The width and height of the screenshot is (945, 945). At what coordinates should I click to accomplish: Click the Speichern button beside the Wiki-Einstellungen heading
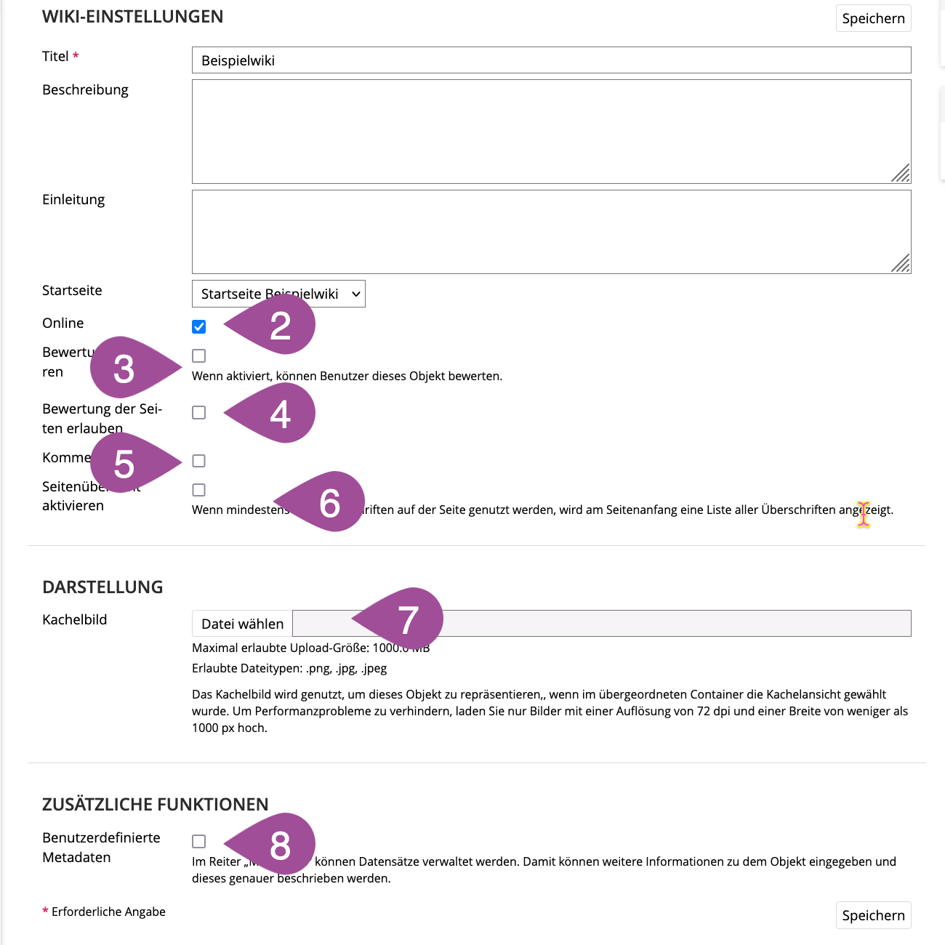coord(873,19)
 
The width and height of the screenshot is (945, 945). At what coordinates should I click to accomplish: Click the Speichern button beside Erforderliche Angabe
coord(873,915)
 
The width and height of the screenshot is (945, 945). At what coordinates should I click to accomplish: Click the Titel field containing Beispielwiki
coord(551,60)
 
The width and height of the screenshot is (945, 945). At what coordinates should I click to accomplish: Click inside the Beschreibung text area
coord(551,132)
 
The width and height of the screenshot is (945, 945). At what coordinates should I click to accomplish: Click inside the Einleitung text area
coord(551,232)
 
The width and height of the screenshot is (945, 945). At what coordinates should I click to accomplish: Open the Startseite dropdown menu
coord(278,294)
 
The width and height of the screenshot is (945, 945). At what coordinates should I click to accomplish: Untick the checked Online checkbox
coord(199,326)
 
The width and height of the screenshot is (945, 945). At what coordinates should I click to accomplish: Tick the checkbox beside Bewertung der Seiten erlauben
coord(199,412)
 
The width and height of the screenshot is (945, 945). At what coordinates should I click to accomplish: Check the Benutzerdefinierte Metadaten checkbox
coord(199,841)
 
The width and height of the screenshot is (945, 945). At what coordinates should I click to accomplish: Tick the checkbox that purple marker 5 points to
coord(199,461)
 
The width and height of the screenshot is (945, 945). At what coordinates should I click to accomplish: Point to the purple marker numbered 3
coord(125,368)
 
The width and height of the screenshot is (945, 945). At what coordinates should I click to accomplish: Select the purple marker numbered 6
coord(329,502)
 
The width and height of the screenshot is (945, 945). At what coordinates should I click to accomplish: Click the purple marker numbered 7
coord(408,619)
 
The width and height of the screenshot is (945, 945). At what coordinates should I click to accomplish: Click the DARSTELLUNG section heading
coord(102,587)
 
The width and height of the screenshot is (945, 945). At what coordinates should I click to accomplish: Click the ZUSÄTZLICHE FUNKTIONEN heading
coord(155,805)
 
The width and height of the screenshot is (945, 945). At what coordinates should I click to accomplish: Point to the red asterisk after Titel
coord(76,56)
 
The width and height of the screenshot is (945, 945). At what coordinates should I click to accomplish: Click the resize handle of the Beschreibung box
coord(901,174)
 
